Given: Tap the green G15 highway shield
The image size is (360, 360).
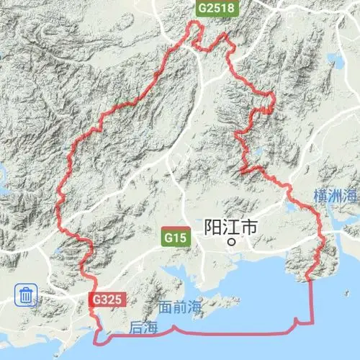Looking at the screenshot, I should [174, 236].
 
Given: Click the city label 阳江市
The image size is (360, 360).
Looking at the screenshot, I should [230, 227].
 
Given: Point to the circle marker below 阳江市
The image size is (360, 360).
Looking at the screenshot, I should [231, 243].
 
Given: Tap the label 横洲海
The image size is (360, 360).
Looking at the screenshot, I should [336, 196].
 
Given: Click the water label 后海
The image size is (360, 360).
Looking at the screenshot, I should [144, 328].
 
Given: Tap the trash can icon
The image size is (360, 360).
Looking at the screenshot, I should [27, 294].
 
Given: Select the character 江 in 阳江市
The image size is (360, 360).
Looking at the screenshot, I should [231, 227].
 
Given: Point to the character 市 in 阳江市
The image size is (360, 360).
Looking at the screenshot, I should [248, 227].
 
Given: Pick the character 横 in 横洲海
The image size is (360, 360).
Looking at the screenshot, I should [321, 196].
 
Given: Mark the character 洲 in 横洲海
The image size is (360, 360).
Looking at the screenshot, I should [336, 196].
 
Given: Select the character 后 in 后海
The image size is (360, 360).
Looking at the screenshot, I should [137, 328].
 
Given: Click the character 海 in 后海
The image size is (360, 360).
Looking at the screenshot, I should [151, 328].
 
